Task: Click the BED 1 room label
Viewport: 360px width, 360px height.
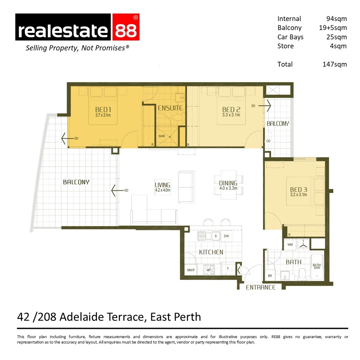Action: [x=103, y=109]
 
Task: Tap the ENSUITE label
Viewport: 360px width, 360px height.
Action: [x=170, y=108]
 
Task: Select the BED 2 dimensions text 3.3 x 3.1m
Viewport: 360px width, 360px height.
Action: [x=231, y=115]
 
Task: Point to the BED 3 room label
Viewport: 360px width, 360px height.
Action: [x=298, y=190]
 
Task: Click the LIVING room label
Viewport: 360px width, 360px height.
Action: [x=163, y=185]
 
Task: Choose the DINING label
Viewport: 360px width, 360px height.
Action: [x=228, y=183]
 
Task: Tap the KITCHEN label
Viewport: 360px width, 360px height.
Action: [x=211, y=252]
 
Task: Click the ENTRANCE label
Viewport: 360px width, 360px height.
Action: [x=261, y=287]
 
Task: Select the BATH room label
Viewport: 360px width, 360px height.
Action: [x=293, y=262]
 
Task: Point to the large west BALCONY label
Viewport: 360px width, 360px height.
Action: [x=76, y=182]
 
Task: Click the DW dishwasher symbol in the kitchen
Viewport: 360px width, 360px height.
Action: [x=226, y=236]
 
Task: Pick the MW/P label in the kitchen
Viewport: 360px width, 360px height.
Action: [x=191, y=270]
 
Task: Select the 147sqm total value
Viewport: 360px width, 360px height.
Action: [x=334, y=64]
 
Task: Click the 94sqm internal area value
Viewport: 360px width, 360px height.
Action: [x=336, y=19]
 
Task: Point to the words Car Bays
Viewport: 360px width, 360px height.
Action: [x=290, y=37]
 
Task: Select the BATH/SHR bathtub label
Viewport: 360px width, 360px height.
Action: [x=317, y=267]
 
